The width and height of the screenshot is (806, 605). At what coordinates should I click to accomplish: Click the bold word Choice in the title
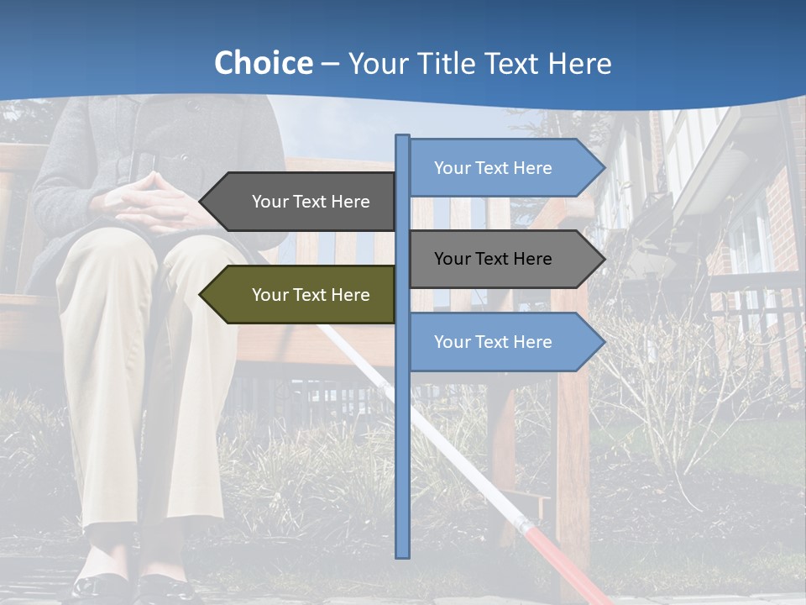(x=263, y=63)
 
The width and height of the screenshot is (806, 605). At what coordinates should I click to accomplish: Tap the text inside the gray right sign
(x=493, y=259)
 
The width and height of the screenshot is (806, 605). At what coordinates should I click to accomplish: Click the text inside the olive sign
(x=311, y=295)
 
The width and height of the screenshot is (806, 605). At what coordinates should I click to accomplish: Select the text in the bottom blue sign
(x=493, y=342)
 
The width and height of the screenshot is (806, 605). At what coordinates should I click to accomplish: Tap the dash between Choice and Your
(x=330, y=65)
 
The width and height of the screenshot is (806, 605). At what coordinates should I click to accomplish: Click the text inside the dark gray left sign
(x=311, y=202)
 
